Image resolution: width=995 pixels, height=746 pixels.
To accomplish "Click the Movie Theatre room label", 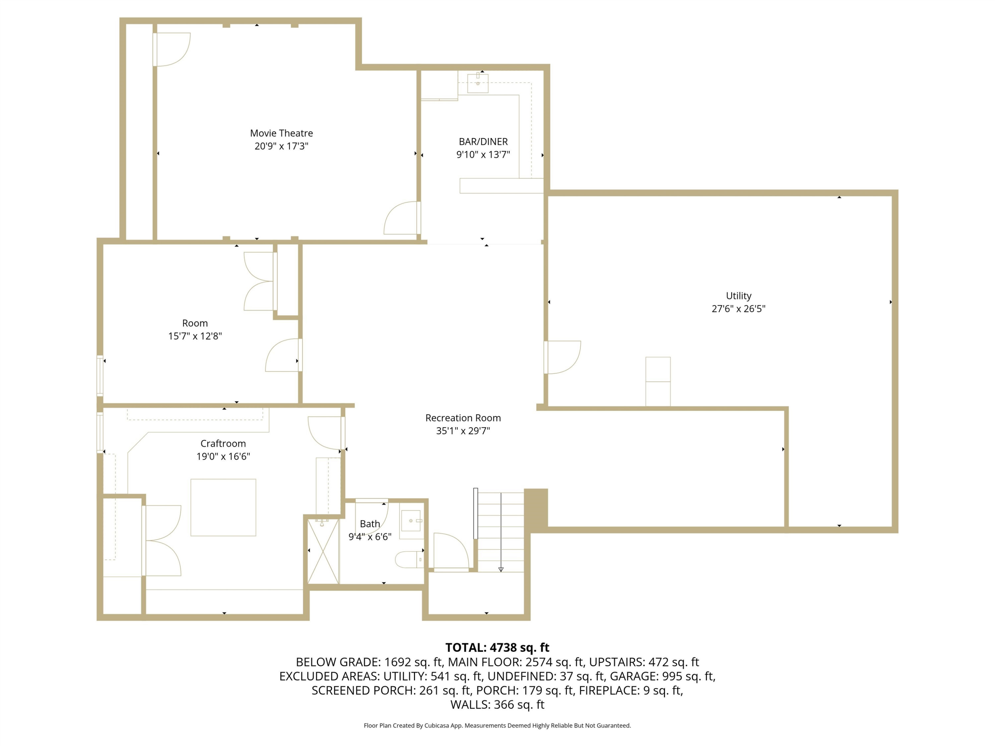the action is click(x=281, y=133).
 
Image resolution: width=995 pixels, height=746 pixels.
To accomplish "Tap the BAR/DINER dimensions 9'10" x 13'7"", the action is click(x=483, y=155).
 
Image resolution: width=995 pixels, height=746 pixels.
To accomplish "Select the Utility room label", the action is click(x=739, y=296).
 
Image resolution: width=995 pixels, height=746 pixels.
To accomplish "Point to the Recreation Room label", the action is click(x=463, y=418).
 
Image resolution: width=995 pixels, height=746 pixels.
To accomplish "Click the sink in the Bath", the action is click(x=412, y=524).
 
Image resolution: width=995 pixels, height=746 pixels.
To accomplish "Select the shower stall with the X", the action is click(x=323, y=551).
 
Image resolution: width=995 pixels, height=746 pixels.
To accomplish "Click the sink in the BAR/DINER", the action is click(x=478, y=83).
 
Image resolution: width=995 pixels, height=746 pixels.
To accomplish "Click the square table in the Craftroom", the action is click(x=223, y=507).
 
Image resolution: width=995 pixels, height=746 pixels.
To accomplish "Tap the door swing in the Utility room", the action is click(x=562, y=357).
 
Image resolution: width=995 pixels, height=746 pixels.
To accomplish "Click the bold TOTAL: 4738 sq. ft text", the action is click(x=497, y=648).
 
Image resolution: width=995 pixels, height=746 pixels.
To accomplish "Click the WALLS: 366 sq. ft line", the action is click(x=497, y=705).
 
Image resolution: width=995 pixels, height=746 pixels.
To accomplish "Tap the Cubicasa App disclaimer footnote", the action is click(x=497, y=725).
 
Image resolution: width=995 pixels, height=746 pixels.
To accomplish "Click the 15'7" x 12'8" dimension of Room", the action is click(x=195, y=336).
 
